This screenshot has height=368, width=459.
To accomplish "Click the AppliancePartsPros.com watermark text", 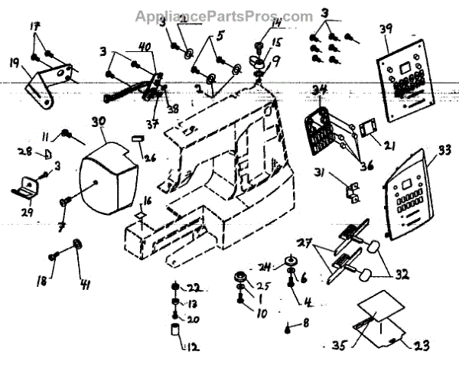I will coord(223,16).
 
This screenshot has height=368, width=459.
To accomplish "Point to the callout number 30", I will coord(99,121).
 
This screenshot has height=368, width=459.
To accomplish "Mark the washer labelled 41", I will coord(78,244).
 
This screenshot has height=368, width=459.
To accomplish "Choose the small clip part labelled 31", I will coord(353,193).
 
